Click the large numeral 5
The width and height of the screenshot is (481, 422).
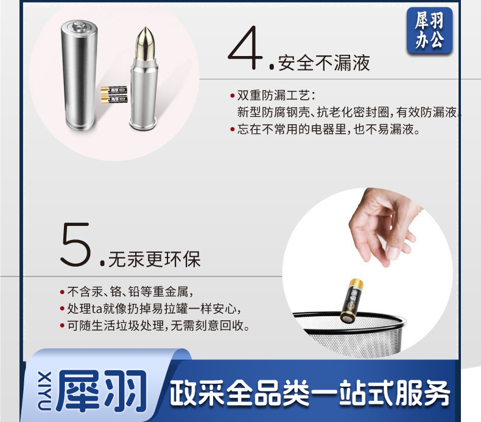click(75, 244)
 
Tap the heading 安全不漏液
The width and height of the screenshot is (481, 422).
click(324, 63)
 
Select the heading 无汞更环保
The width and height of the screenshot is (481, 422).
click(154, 259)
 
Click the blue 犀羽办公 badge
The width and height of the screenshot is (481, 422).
click(429, 30)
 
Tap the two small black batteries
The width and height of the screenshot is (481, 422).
click(114, 94)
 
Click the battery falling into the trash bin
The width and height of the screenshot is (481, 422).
click(352, 301)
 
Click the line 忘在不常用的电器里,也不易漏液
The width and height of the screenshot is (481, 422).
click(328, 129)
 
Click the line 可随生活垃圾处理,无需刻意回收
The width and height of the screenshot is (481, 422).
click(158, 325)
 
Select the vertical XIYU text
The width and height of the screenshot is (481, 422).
click(44, 391)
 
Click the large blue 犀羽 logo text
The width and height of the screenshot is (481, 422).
click(102, 391)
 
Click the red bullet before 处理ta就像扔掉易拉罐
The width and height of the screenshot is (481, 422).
click(62, 309)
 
